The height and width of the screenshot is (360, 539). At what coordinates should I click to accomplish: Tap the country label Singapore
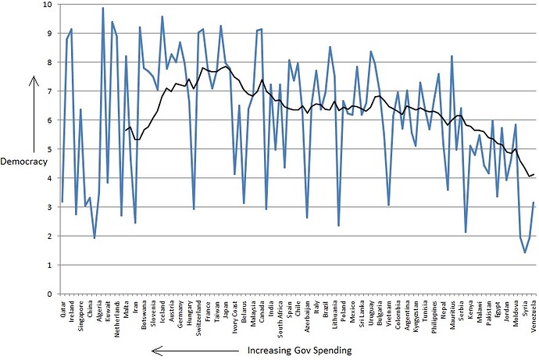click(x=81, y=316)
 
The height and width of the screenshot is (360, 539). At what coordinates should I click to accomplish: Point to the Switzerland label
click(x=199, y=318)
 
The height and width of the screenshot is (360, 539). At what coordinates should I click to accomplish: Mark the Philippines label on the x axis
click(x=434, y=317)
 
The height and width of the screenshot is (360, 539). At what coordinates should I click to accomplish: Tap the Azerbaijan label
click(x=307, y=317)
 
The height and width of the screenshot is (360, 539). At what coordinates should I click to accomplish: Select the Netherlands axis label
click(x=117, y=318)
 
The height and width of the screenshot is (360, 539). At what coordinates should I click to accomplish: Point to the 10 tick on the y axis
click(x=46, y=5)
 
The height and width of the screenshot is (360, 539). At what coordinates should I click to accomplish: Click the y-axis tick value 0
click(x=48, y=294)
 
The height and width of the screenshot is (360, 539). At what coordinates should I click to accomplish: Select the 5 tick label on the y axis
click(x=48, y=149)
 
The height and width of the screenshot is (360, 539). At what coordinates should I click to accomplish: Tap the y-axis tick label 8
click(x=48, y=62)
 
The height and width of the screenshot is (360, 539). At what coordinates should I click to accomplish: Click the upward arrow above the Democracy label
click(x=32, y=112)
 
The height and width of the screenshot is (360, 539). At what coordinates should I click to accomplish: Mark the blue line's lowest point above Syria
click(x=525, y=252)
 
